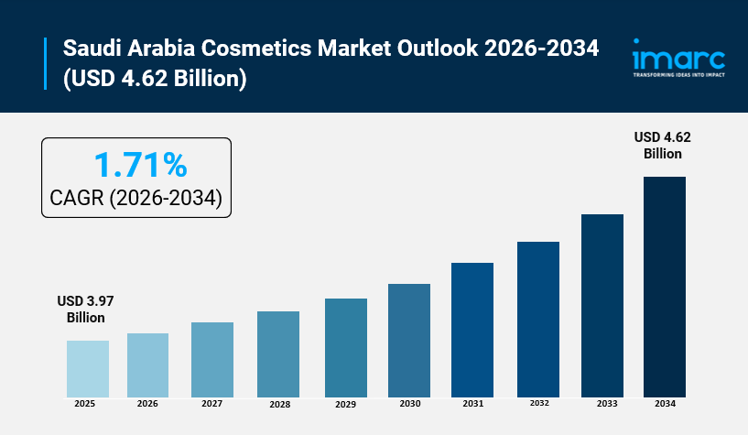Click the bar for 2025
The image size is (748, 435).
point(87,368)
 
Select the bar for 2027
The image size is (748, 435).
point(212,359)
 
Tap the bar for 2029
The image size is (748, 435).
point(345,347)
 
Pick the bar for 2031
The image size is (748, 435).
point(472,330)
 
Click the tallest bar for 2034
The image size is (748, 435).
point(665,287)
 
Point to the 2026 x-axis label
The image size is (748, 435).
point(147,404)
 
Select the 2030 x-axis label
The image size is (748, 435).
point(408,404)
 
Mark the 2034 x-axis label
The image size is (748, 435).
point(665,404)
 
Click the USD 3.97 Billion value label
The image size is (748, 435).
point(85,310)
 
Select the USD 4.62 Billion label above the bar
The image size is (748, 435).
point(663,145)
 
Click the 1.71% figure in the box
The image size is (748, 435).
point(141,165)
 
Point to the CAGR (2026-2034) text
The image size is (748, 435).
point(136,198)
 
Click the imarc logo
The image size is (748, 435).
point(678,56)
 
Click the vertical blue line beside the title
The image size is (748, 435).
point(45,64)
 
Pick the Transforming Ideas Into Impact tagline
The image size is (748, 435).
point(678,76)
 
